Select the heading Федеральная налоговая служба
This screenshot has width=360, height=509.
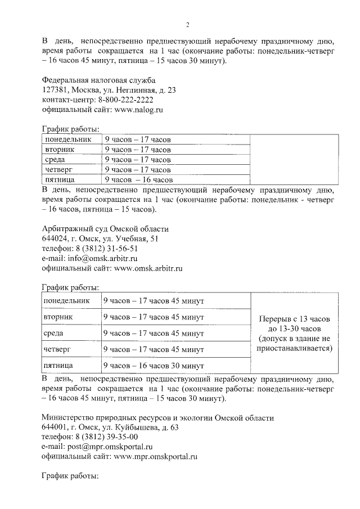(98, 80)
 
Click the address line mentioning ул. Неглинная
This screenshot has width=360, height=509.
(109, 90)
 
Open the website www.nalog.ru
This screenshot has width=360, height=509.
(138, 110)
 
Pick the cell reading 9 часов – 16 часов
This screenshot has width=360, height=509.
(138, 180)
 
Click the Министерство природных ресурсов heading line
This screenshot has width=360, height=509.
(158, 418)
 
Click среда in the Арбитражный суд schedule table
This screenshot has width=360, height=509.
(53, 334)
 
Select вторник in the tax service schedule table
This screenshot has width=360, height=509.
(60, 150)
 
